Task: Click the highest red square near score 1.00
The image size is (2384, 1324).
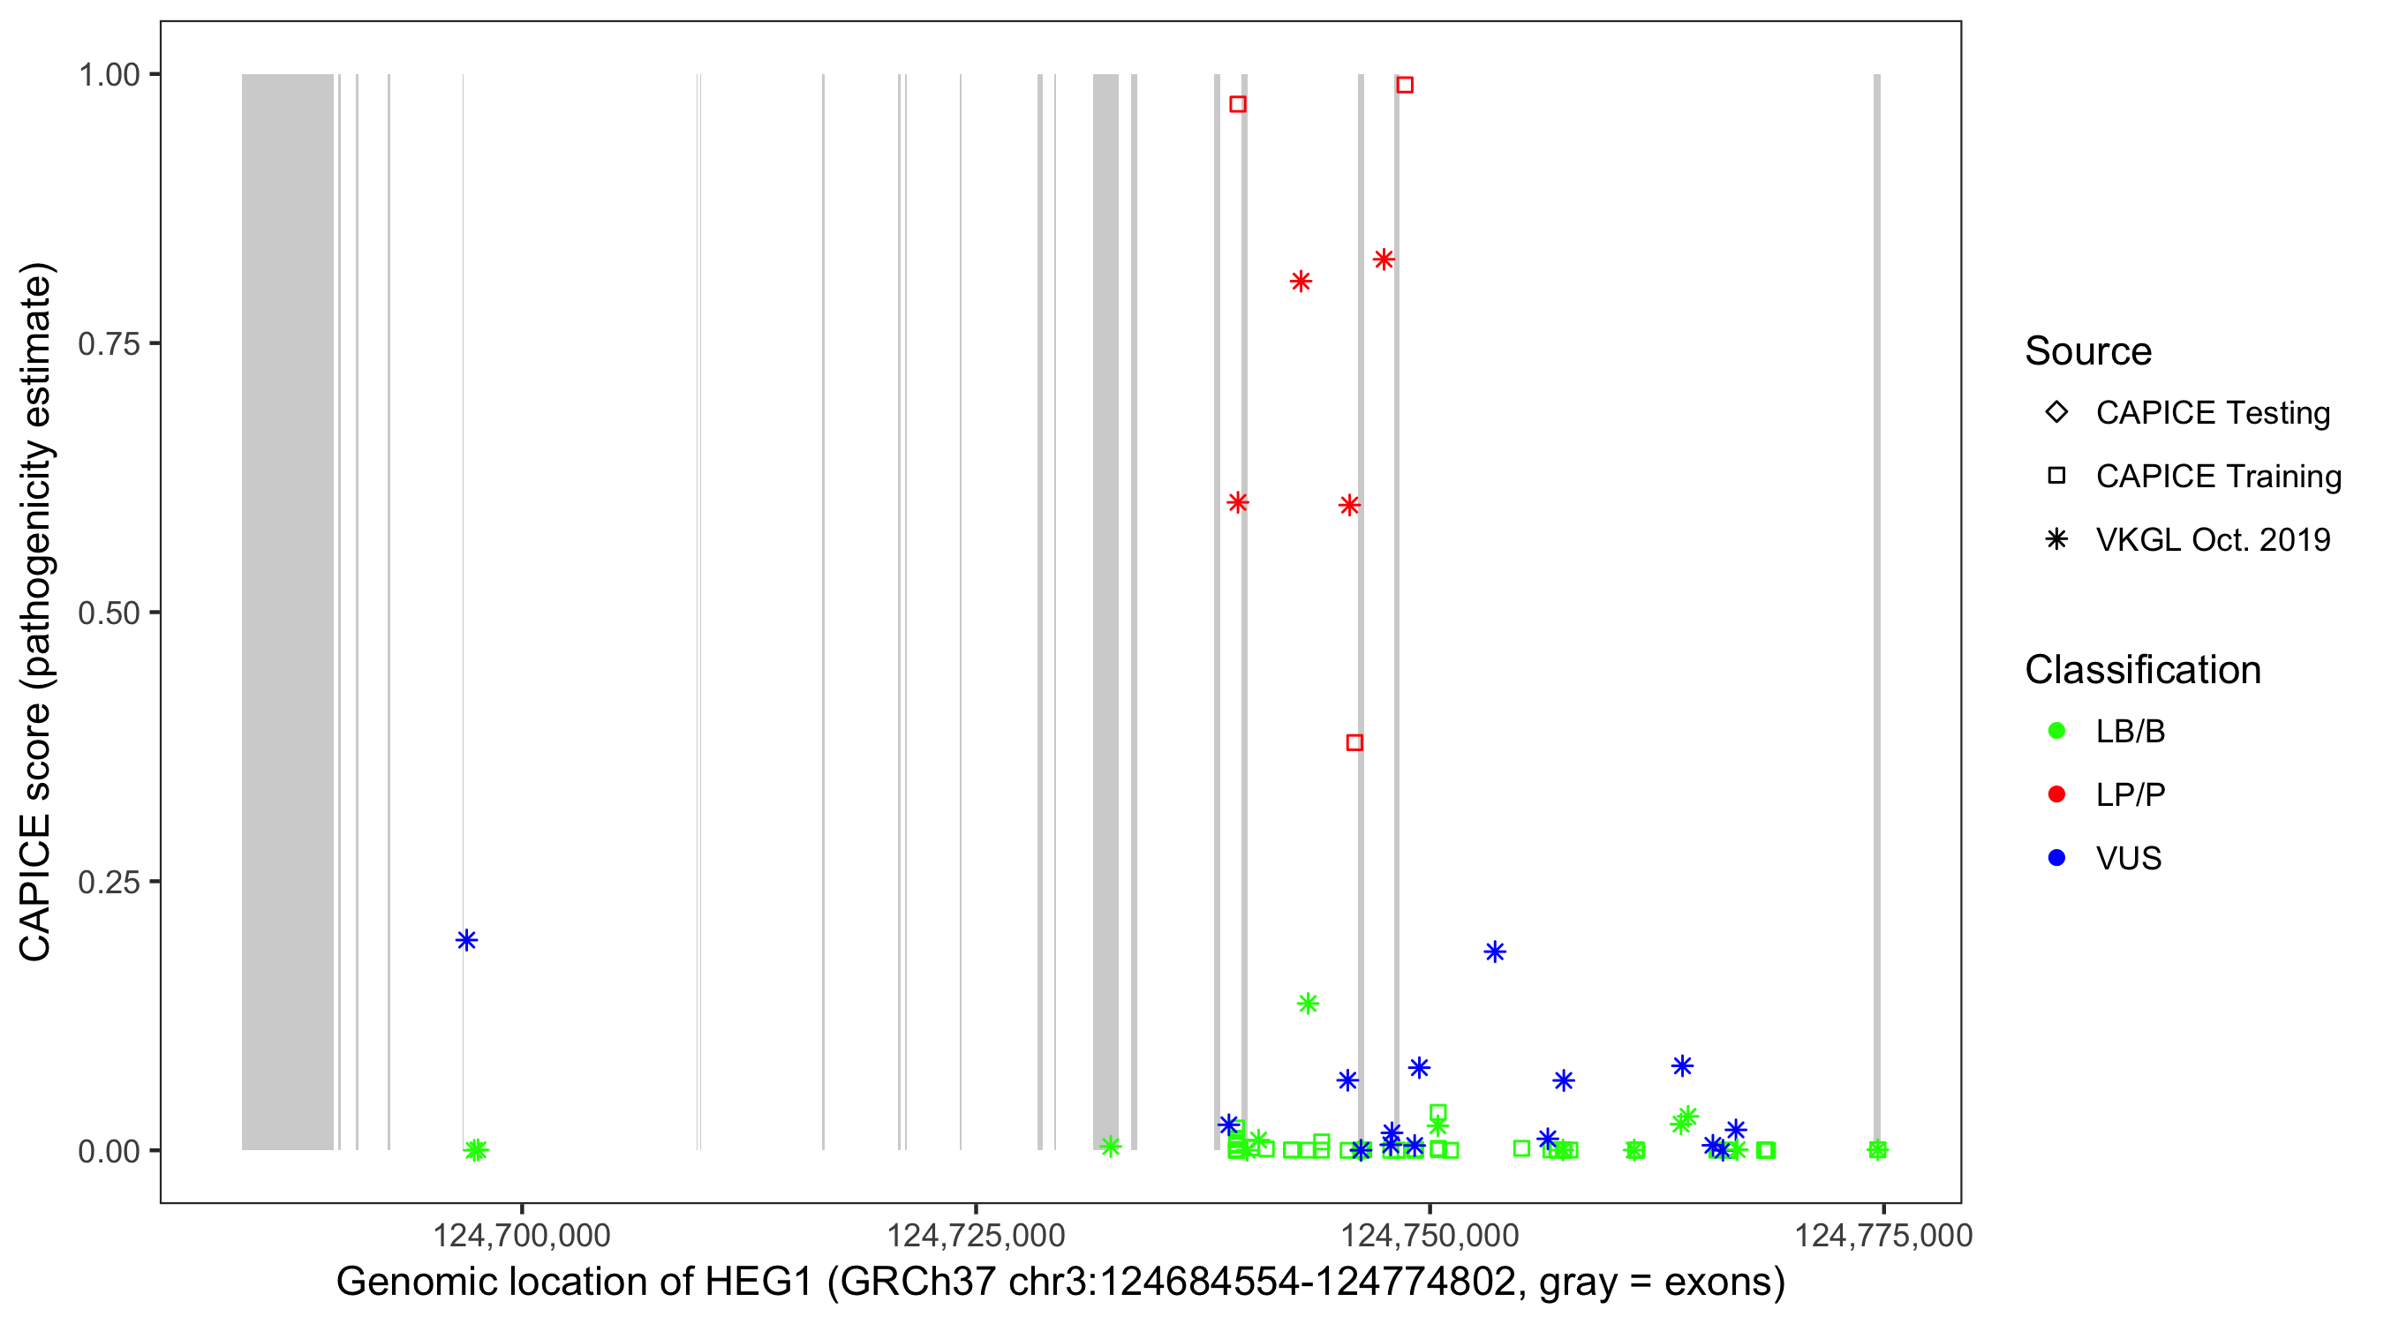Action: click(1404, 85)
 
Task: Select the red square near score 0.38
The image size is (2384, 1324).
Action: click(1354, 742)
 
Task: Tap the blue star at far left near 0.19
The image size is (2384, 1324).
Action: click(466, 940)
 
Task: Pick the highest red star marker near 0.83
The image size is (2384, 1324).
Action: click(1384, 260)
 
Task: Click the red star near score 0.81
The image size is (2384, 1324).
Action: click(1301, 282)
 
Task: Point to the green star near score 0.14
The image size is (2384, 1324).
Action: click(1307, 1003)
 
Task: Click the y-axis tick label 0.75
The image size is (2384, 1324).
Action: click(109, 343)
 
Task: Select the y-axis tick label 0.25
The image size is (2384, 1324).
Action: click(109, 882)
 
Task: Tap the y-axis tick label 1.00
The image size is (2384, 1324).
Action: click(109, 74)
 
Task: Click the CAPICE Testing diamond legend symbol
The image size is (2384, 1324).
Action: click(2056, 411)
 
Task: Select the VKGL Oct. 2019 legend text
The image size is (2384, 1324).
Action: click(2213, 539)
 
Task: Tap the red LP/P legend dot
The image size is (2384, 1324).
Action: click(2056, 794)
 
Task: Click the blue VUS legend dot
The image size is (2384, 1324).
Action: click(2056, 858)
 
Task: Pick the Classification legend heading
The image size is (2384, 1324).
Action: click(2142, 669)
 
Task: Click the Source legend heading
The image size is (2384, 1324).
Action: click(2088, 350)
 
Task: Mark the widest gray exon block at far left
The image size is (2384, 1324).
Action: click(287, 611)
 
